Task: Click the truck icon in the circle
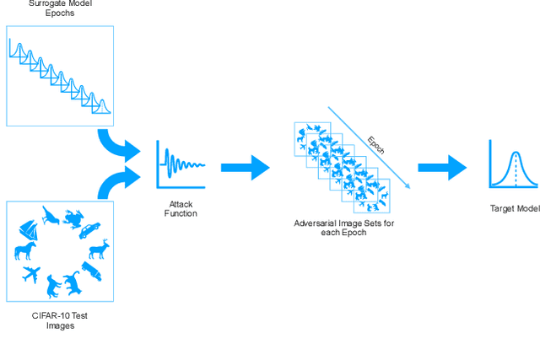coord(92,271)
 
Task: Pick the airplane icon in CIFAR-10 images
coord(30,274)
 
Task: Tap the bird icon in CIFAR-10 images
coord(51,216)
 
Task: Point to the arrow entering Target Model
coord(445,167)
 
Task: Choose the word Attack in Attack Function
coord(181,204)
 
